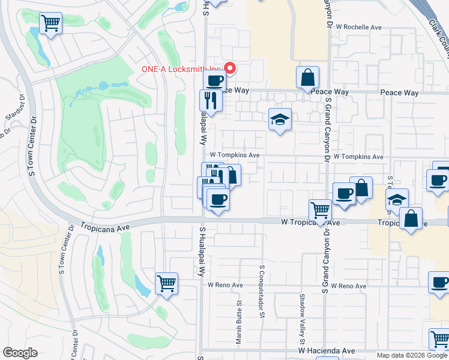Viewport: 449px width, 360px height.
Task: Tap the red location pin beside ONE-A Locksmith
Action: click(x=228, y=68)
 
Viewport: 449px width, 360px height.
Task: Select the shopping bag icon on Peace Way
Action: click(x=307, y=78)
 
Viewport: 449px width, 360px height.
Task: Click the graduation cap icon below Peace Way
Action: click(x=280, y=119)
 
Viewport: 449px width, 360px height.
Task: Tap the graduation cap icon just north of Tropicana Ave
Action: click(x=397, y=200)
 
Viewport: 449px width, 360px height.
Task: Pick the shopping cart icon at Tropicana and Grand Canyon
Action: click(x=321, y=211)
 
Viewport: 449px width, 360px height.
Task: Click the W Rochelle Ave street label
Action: click(x=359, y=27)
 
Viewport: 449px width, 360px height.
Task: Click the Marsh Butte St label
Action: click(x=238, y=324)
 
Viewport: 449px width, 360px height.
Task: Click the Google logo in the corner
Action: click(x=20, y=353)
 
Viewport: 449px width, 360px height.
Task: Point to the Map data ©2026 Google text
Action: click(x=412, y=355)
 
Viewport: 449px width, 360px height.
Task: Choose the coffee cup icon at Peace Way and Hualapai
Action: click(x=215, y=80)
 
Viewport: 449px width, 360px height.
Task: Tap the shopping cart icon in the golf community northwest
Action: click(x=51, y=24)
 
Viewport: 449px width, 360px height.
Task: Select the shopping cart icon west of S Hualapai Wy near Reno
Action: click(x=166, y=283)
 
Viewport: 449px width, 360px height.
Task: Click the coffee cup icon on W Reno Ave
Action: click(x=439, y=282)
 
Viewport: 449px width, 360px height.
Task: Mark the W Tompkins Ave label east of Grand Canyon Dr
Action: click(x=358, y=157)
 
